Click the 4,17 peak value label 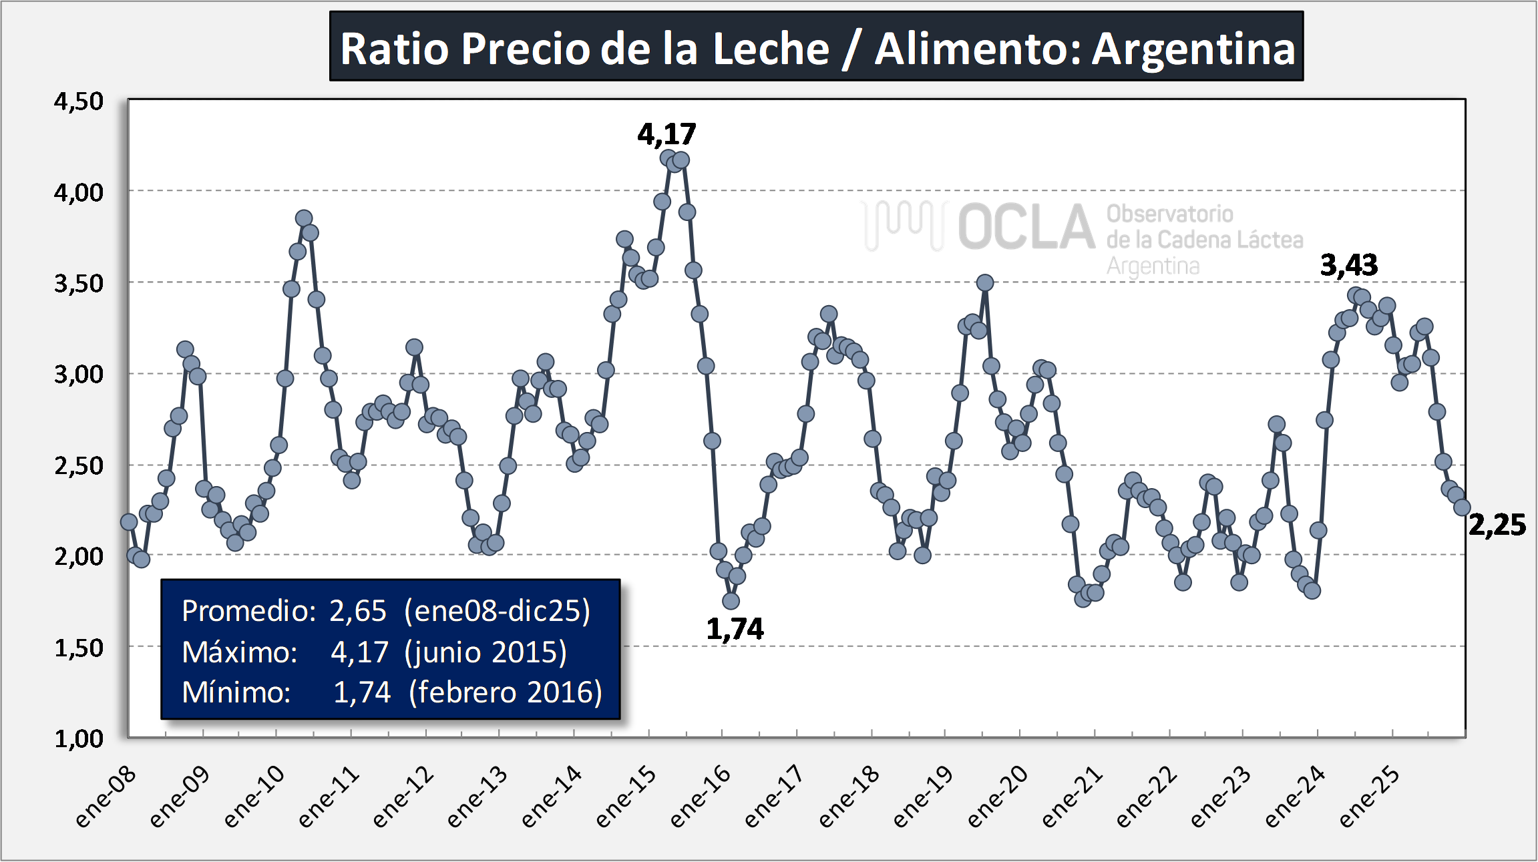point(666,134)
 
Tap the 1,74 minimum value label point(735,629)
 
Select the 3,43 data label point(1349,265)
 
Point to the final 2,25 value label point(1497,525)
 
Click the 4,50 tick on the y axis point(79,101)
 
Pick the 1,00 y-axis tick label point(79,738)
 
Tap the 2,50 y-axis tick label point(79,465)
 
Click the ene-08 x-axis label point(106,799)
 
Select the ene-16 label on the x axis point(700,799)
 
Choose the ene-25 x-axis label point(1369,799)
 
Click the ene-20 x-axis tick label point(997,799)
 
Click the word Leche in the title point(771,49)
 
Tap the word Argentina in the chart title point(1193,49)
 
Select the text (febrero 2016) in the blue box point(505,692)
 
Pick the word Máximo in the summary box point(239,652)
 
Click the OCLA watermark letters point(1026,227)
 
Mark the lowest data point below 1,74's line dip point(731,601)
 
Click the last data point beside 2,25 point(1462,507)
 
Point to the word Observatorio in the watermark point(1169,214)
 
